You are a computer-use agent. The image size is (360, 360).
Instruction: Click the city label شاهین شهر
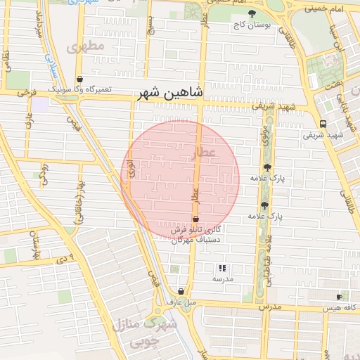[x=172, y=93]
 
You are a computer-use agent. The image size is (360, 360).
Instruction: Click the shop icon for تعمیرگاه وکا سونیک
[x=80, y=79]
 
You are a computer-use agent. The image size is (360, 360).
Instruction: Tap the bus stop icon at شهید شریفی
[x=323, y=124]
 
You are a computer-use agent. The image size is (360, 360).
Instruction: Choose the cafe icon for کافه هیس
[x=340, y=297]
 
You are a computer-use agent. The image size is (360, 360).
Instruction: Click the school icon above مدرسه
[x=222, y=268]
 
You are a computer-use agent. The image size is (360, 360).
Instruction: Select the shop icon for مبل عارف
[x=181, y=291]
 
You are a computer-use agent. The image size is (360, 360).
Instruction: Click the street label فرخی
[x=26, y=92]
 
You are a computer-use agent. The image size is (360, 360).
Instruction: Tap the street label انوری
[x=130, y=167]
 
